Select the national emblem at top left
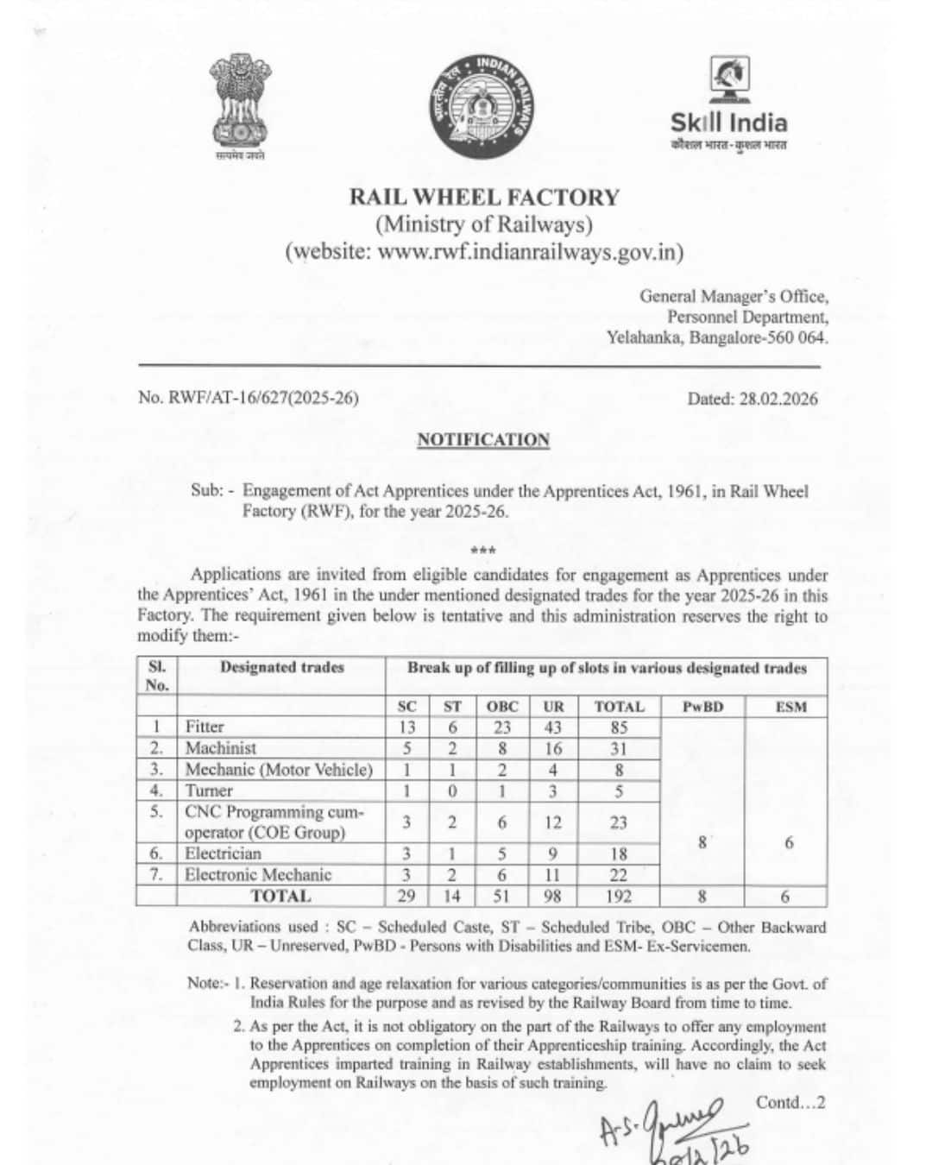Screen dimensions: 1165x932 pyautogui.click(x=241, y=105)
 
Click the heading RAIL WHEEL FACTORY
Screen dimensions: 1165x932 pyautogui.click(x=483, y=198)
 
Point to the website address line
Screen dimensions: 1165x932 pyautogui.click(x=484, y=253)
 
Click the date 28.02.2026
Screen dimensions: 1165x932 pyautogui.click(x=752, y=399)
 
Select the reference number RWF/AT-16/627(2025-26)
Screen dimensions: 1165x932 pyautogui.click(x=248, y=398)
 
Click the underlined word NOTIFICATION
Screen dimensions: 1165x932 pyautogui.click(x=482, y=440)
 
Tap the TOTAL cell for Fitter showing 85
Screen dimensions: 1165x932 pyautogui.click(x=619, y=727)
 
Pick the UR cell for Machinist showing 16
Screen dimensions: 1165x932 pyautogui.click(x=553, y=748)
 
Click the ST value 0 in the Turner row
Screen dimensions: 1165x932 pyautogui.click(x=452, y=790)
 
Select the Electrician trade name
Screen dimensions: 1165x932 pyautogui.click(x=223, y=853)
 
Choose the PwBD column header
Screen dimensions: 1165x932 pyautogui.click(x=702, y=707)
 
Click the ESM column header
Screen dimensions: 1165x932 pyautogui.click(x=789, y=707)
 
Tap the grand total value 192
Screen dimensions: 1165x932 pyautogui.click(x=619, y=896)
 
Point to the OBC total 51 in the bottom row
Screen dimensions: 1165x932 pyautogui.click(x=501, y=896)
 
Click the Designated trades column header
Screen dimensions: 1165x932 pyautogui.click(x=281, y=667)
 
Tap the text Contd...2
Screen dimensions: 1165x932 pyautogui.click(x=790, y=1102)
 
